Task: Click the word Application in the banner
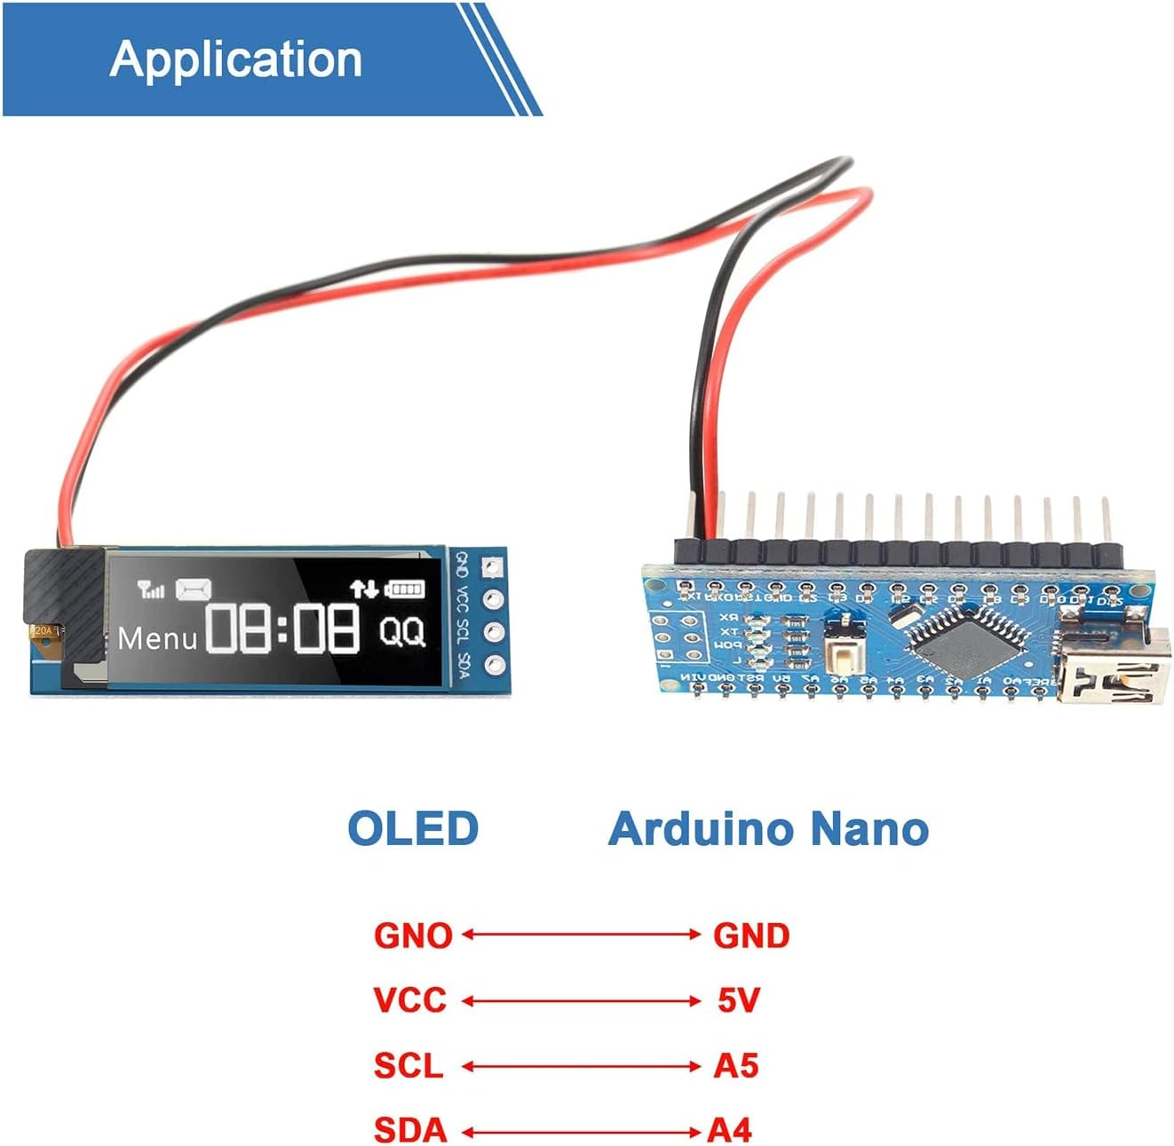235,59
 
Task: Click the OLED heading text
413,828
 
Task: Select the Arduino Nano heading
768,828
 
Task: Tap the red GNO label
413,936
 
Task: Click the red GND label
751,936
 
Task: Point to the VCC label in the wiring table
409,1000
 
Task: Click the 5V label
739,1000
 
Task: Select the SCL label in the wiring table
408,1065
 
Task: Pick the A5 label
736,1065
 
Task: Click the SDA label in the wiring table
409,1130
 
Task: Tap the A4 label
730,1130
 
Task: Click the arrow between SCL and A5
582,1066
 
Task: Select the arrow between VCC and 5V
582,1001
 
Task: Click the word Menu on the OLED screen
157,638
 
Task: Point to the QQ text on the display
402,631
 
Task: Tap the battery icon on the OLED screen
404,589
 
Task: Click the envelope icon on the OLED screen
193,589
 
